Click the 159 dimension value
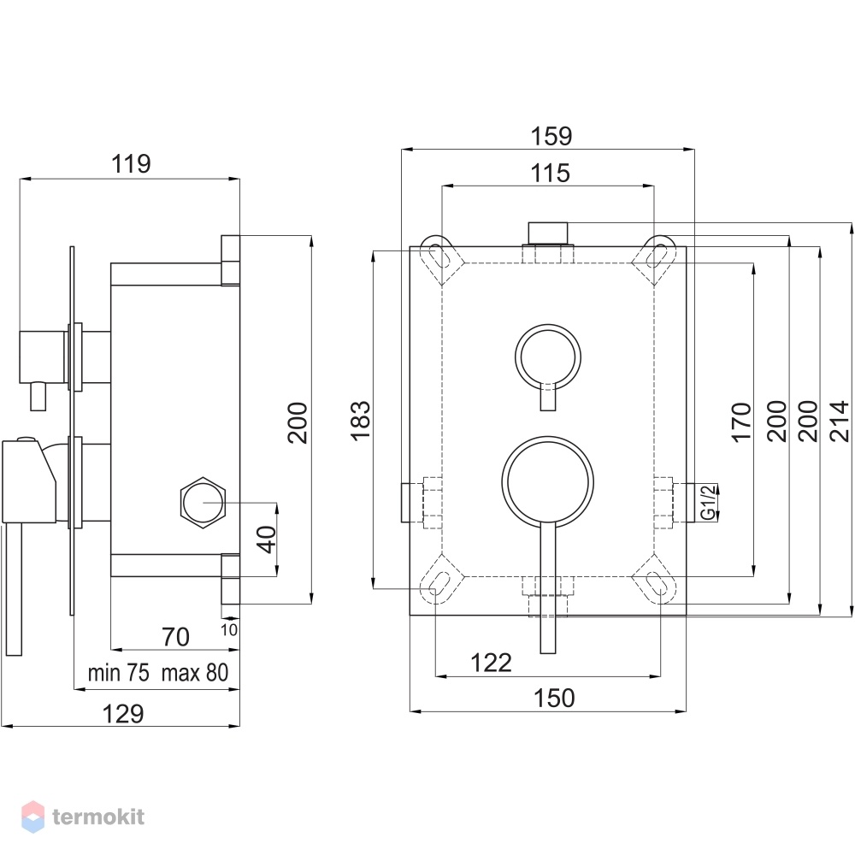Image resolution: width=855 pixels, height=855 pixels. [x=551, y=136]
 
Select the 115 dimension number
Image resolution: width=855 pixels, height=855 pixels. [x=550, y=173]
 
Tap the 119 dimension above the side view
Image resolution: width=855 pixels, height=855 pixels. [x=131, y=163]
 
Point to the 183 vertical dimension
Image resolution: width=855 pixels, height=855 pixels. [x=361, y=421]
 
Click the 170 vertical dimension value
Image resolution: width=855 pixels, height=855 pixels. [x=741, y=422]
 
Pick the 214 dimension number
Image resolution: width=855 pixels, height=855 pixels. [x=840, y=421]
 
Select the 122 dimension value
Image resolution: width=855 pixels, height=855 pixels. [x=491, y=663]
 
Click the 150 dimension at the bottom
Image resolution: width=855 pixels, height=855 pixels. [x=554, y=698]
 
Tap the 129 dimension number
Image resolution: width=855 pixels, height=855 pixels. [x=123, y=714]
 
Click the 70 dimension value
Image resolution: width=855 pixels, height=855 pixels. [x=175, y=637]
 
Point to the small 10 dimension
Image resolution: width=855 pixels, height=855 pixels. [x=229, y=630]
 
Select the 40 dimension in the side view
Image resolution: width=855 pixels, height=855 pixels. [x=267, y=539]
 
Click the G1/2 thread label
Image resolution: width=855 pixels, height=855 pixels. [x=708, y=502]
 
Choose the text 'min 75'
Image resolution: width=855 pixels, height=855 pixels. [x=118, y=673]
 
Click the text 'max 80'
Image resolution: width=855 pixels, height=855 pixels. [x=195, y=673]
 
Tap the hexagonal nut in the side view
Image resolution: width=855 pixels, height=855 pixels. [x=203, y=502]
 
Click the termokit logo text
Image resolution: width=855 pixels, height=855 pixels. [x=98, y=817]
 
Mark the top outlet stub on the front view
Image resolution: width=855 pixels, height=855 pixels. [x=548, y=233]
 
